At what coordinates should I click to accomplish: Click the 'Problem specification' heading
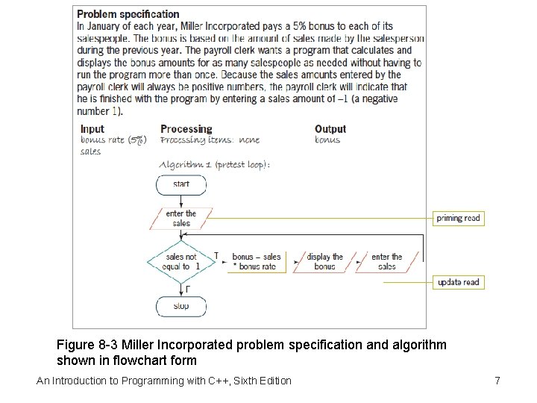point(128,13)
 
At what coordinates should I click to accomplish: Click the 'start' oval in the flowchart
point(181,184)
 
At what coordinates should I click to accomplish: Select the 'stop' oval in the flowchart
point(181,306)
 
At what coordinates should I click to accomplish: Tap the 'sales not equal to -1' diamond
point(181,261)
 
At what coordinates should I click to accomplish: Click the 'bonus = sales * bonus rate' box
point(257,261)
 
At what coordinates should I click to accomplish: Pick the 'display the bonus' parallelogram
point(324,261)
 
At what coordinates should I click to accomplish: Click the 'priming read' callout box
point(459,218)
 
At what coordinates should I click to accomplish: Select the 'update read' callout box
point(459,282)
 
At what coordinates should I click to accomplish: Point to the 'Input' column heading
point(92,129)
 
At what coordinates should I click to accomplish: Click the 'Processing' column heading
point(186,129)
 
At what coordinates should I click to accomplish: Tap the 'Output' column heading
point(330,129)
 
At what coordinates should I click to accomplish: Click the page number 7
point(497,381)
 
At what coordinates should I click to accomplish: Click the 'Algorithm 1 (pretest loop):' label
point(215,164)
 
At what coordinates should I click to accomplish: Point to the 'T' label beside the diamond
point(216,256)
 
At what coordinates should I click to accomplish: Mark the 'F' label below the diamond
point(186,288)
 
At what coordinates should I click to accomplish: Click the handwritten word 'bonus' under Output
point(327,140)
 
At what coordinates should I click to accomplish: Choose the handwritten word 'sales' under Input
point(90,151)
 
